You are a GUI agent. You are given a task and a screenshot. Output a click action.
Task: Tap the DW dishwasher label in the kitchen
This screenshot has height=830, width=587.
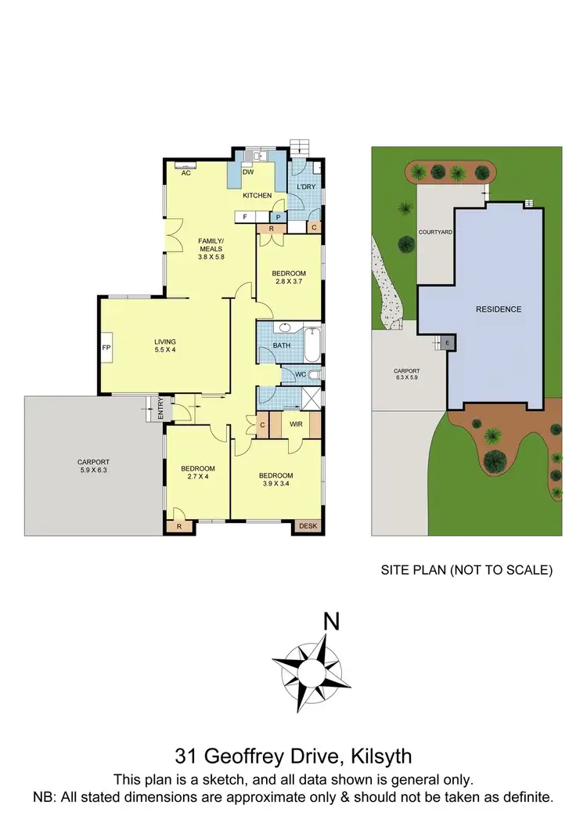click(247, 172)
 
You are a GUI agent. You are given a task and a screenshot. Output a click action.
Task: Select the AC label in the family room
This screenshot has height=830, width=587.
click(186, 173)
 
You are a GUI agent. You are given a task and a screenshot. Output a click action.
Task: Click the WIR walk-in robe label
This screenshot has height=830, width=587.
click(296, 424)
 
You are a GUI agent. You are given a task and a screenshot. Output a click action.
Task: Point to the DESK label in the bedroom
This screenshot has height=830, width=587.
click(309, 526)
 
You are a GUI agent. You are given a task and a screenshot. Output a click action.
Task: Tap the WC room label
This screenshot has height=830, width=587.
click(301, 375)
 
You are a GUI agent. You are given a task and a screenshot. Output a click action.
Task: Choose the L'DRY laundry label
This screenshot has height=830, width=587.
click(306, 186)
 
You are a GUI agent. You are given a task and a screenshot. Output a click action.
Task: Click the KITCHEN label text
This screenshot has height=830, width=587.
click(257, 195)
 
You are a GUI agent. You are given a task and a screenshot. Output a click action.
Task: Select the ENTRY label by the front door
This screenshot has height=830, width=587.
click(160, 408)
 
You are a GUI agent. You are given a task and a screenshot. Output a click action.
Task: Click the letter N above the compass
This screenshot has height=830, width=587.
click(332, 623)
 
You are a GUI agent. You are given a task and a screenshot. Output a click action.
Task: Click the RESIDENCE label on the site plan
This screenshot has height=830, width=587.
click(499, 309)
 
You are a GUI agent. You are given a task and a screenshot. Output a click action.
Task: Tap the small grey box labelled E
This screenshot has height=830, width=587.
click(447, 343)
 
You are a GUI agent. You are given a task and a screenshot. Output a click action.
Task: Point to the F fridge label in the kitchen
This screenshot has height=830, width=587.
click(245, 216)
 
